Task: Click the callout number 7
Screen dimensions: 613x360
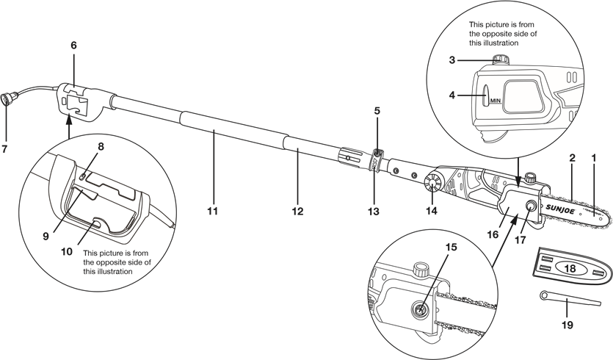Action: [4, 148]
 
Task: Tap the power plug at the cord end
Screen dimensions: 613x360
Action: [7, 98]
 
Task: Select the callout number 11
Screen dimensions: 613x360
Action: [212, 212]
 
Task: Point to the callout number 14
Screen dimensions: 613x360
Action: [431, 211]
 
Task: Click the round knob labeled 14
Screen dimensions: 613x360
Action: [432, 183]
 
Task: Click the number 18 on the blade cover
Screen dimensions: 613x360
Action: [570, 268]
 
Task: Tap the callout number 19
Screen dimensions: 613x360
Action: [567, 325]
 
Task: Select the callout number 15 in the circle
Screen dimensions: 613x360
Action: [451, 247]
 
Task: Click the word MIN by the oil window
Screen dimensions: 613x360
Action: [496, 101]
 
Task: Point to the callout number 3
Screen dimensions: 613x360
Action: [452, 60]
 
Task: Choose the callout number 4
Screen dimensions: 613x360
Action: [452, 95]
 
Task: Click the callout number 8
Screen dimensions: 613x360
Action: [101, 147]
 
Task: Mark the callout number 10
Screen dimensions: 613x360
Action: [67, 251]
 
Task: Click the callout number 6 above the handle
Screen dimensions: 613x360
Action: [73, 45]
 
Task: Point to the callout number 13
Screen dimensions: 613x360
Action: [374, 212]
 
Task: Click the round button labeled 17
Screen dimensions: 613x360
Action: [532, 205]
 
